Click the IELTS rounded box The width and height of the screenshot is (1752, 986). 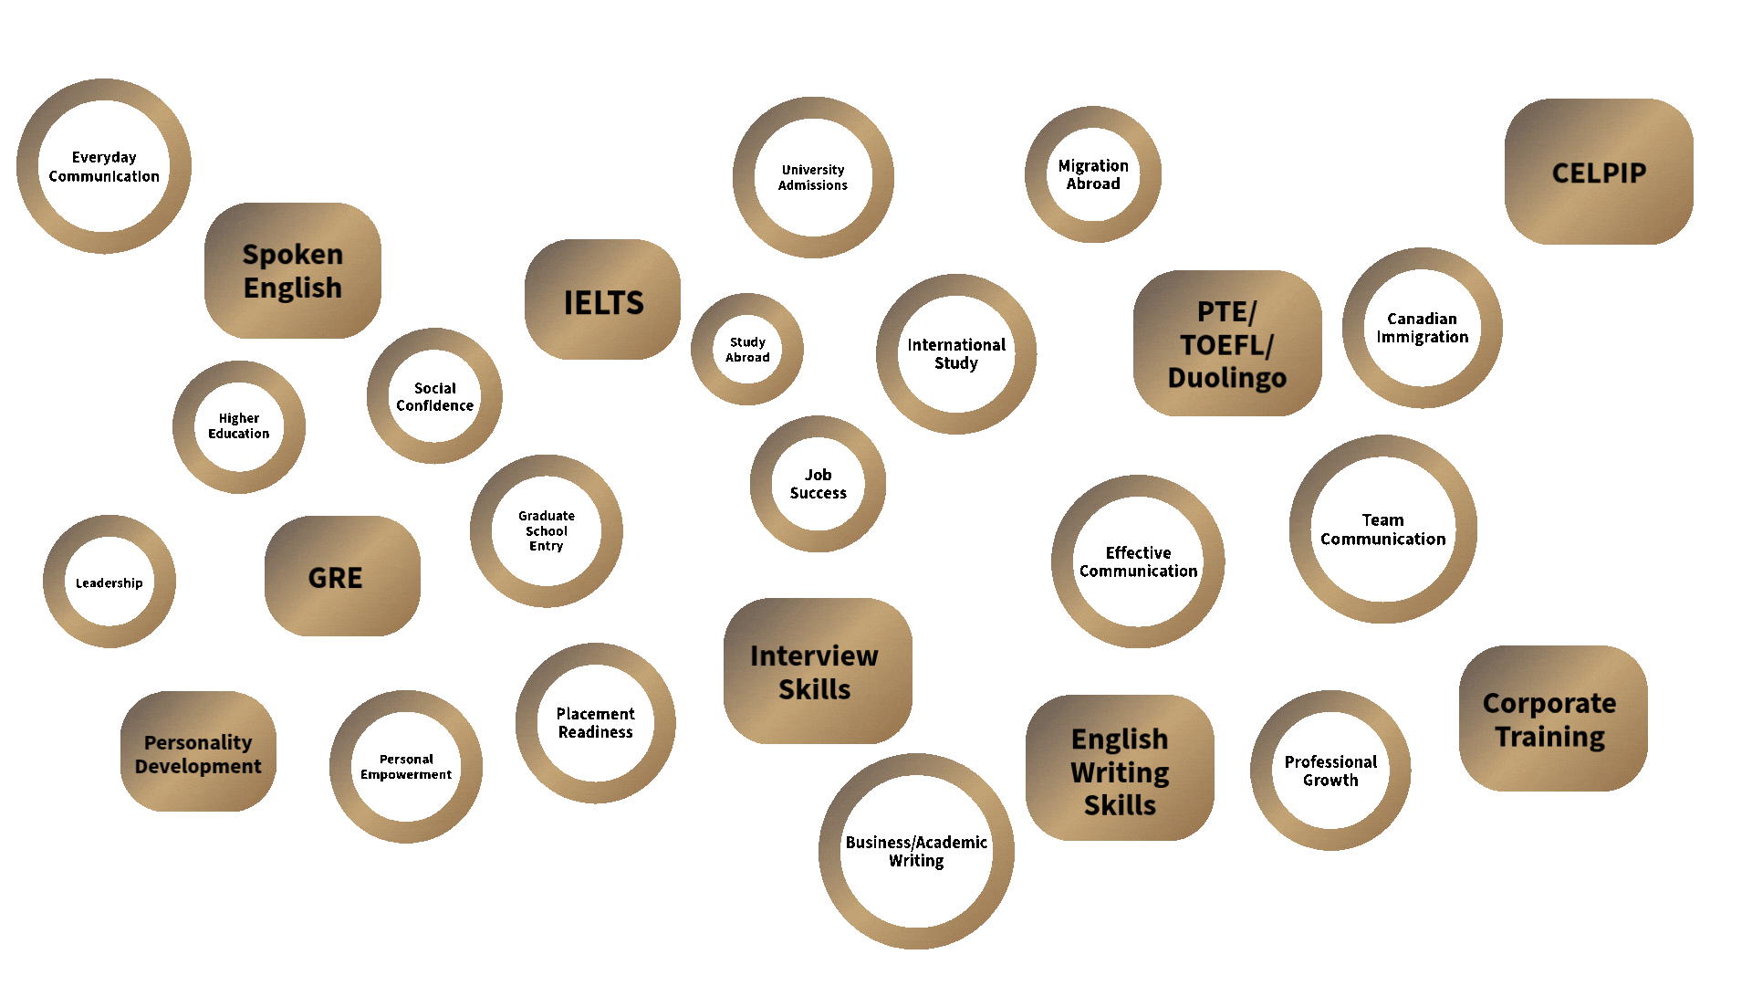[x=602, y=300]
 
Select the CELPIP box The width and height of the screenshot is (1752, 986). [x=1599, y=172]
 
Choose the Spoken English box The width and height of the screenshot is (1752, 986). [x=292, y=270]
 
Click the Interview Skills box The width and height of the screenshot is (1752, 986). [x=817, y=671]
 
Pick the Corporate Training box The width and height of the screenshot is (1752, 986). [x=1552, y=719]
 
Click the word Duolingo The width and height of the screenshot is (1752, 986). [x=1226, y=378]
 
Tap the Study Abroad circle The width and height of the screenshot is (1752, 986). [x=747, y=350]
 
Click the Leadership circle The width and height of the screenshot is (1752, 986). [x=109, y=582]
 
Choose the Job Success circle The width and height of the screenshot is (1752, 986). [x=818, y=484]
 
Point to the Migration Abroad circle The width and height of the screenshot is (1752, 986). [x=1093, y=174]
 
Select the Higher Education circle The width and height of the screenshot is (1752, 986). [x=239, y=426]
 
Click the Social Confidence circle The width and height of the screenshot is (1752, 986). [x=434, y=396]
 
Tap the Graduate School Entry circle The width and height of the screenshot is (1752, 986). [x=547, y=530]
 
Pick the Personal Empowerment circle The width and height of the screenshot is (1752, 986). [x=406, y=767]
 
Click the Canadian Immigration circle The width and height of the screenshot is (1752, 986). [x=1422, y=328]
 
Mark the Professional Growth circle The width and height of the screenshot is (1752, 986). [x=1330, y=771]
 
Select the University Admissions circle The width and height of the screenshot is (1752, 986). [x=813, y=177]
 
